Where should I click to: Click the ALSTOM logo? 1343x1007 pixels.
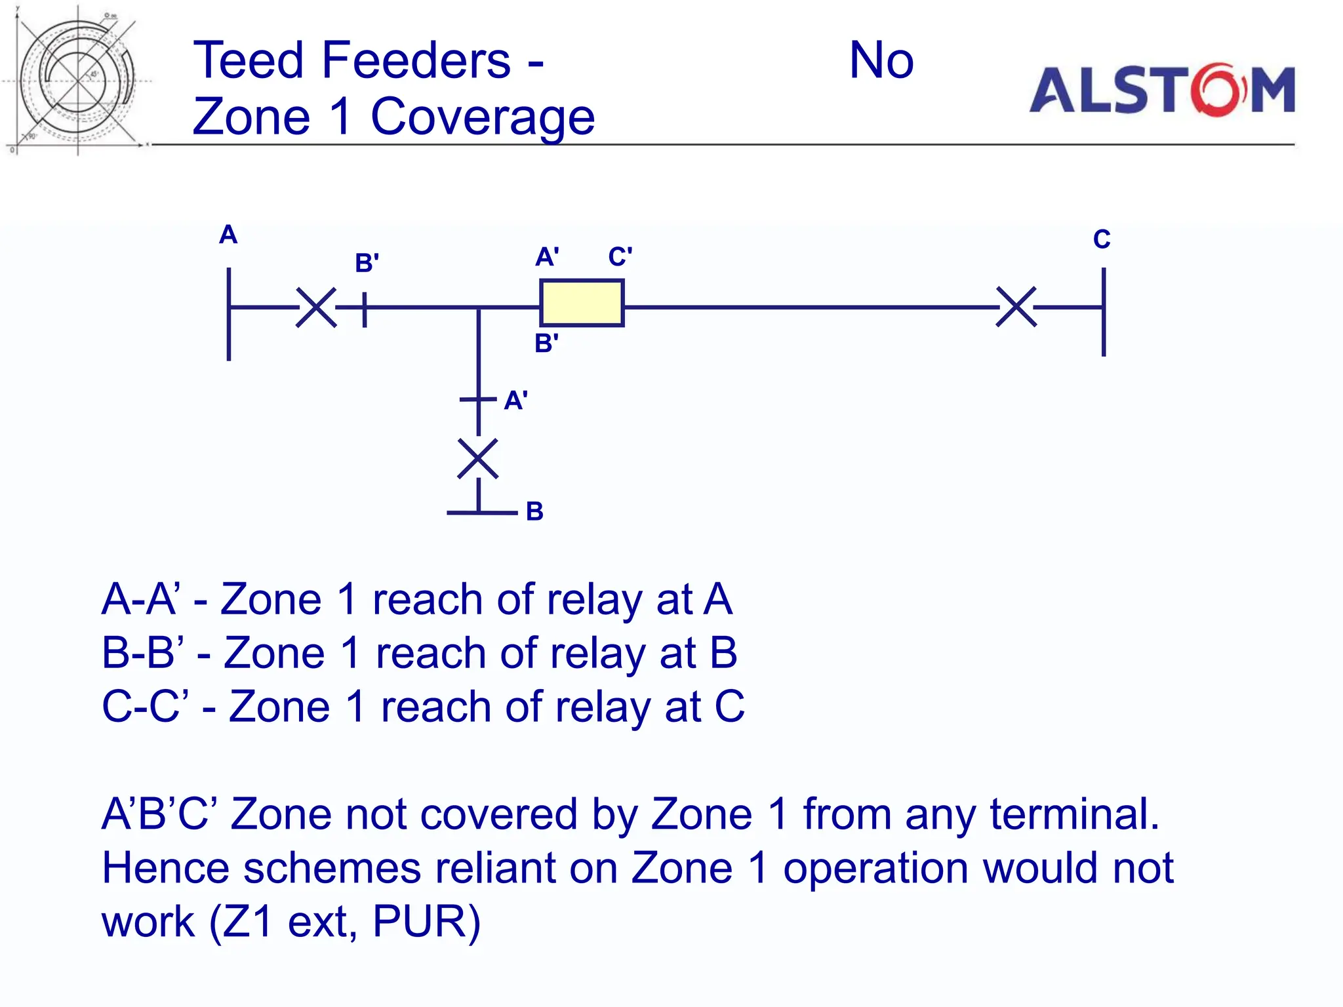1162,90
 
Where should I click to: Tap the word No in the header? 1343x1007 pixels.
881,60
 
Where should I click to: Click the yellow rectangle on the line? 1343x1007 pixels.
581,303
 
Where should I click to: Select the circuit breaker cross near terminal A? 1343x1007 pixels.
316,307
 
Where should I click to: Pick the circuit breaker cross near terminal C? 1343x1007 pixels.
1016,307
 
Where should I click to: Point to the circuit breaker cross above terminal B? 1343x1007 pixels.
478,459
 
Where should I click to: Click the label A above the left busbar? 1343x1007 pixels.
228,235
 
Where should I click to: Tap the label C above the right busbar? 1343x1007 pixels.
1102,239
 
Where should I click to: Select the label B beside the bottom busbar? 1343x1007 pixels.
534,511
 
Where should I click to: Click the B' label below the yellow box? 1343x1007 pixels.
546,344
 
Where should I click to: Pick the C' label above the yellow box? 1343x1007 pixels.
620,256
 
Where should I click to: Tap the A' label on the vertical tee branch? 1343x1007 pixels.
515,401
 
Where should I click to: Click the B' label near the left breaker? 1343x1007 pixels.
367,263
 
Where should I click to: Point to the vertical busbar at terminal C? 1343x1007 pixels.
1104,312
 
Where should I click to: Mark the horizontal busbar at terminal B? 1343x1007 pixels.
482,512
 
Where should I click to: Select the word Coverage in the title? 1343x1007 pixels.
483,117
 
